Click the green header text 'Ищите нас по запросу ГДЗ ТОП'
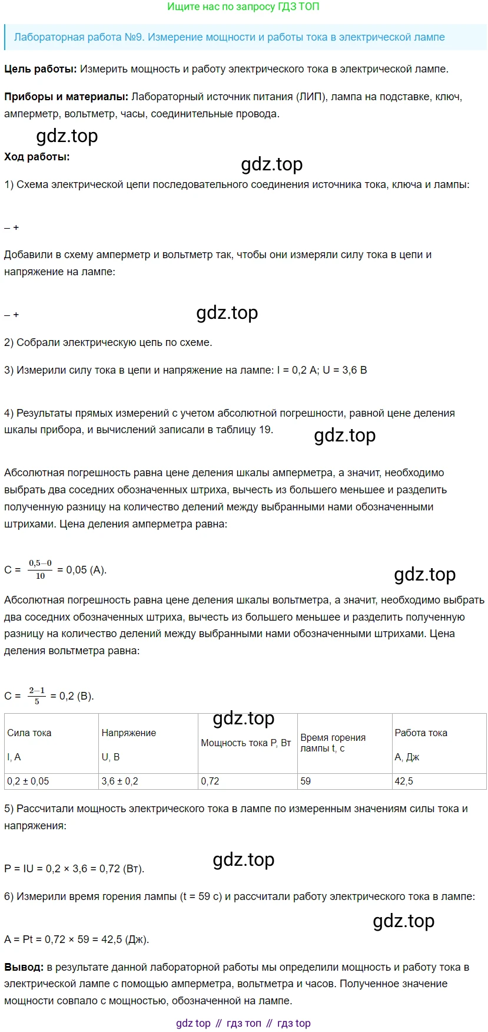(243, 7)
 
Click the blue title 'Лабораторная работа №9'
(79, 37)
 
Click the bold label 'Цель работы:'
(41, 69)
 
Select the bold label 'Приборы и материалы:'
(67, 97)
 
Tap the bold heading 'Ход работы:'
(37, 157)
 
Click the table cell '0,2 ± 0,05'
(28, 781)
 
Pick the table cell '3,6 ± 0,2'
(120, 781)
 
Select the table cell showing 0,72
(210, 781)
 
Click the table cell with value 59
(306, 781)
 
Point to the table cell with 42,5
(404, 781)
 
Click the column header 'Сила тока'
(29, 733)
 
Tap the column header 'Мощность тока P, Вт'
(246, 743)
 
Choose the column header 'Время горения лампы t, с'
(333, 743)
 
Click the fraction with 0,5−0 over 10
(40, 569)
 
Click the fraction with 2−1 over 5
(37, 695)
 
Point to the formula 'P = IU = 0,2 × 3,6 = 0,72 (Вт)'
(74, 868)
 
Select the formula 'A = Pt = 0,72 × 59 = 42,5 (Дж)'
(77, 939)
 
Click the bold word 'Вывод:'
(24, 967)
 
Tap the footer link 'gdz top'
(193, 1023)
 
